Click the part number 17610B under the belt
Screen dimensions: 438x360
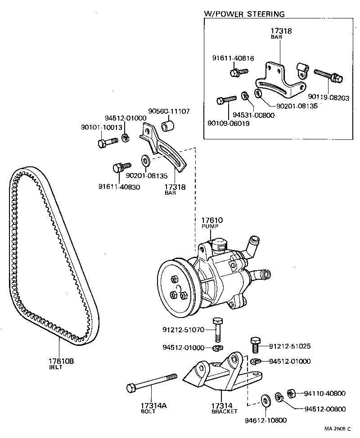[x=61, y=361]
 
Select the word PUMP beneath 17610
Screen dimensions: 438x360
[x=212, y=228]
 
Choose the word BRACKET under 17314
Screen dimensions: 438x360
[x=224, y=411]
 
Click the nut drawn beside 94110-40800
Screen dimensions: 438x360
[x=291, y=393]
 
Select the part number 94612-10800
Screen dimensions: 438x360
[x=265, y=420]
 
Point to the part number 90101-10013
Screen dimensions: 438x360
[x=102, y=127]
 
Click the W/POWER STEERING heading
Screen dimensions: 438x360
[x=244, y=14]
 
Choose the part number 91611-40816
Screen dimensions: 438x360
[x=233, y=58]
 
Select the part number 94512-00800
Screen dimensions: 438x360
[x=325, y=409]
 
